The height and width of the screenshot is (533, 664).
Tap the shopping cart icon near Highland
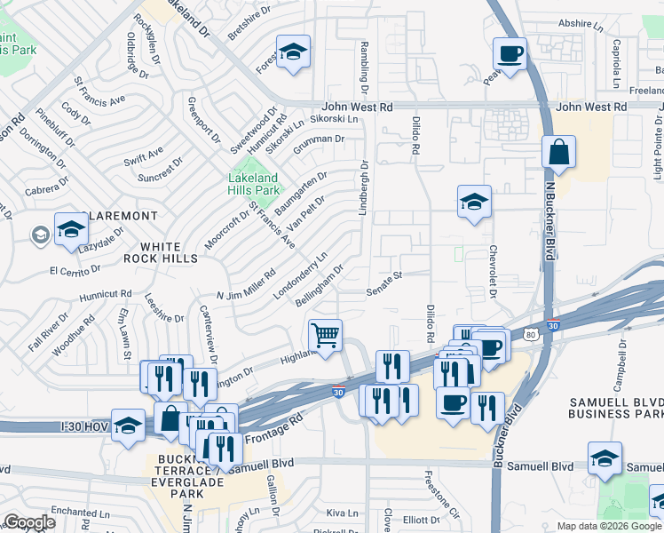coord(326,336)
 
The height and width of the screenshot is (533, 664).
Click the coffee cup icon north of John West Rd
coord(510,53)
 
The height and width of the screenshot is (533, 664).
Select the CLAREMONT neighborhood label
coord(119,216)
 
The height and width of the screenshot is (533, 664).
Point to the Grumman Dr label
coord(319,140)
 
